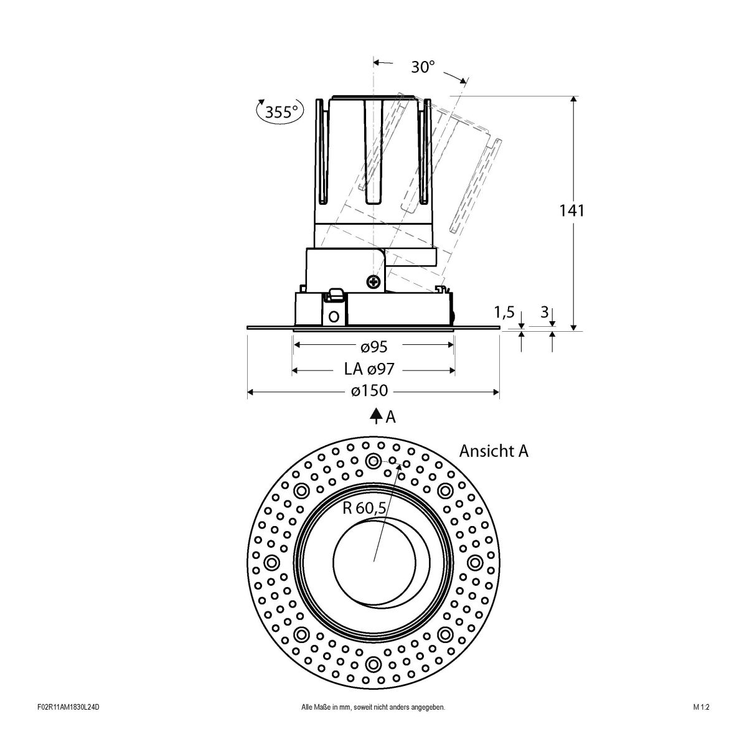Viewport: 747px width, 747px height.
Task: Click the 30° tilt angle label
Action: click(x=423, y=67)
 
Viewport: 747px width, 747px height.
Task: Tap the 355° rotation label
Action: click(x=281, y=113)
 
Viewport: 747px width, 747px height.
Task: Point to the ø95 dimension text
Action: click(x=374, y=345)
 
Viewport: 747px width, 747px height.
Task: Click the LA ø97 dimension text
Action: click(x=369, y=370)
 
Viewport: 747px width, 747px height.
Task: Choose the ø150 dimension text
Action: click(x=369, y=392)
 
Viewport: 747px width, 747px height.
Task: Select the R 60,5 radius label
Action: click(x=365, y=508)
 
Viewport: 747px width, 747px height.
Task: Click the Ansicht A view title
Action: click(x=493, y=451)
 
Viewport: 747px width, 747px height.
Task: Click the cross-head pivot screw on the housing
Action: click(x=374, y=282)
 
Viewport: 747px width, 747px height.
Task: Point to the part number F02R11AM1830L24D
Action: click(x=68, y=725)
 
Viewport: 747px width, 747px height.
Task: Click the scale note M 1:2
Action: click(x=701, y=725)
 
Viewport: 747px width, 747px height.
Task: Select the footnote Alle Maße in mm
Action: click(x=372, y=725)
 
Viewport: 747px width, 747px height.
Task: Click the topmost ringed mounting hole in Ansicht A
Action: click(x=374, y=461)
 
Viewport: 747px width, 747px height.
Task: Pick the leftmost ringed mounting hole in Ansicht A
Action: click(x=272, y=563)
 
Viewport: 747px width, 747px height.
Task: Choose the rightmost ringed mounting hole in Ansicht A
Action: click(x=475, y=563)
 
